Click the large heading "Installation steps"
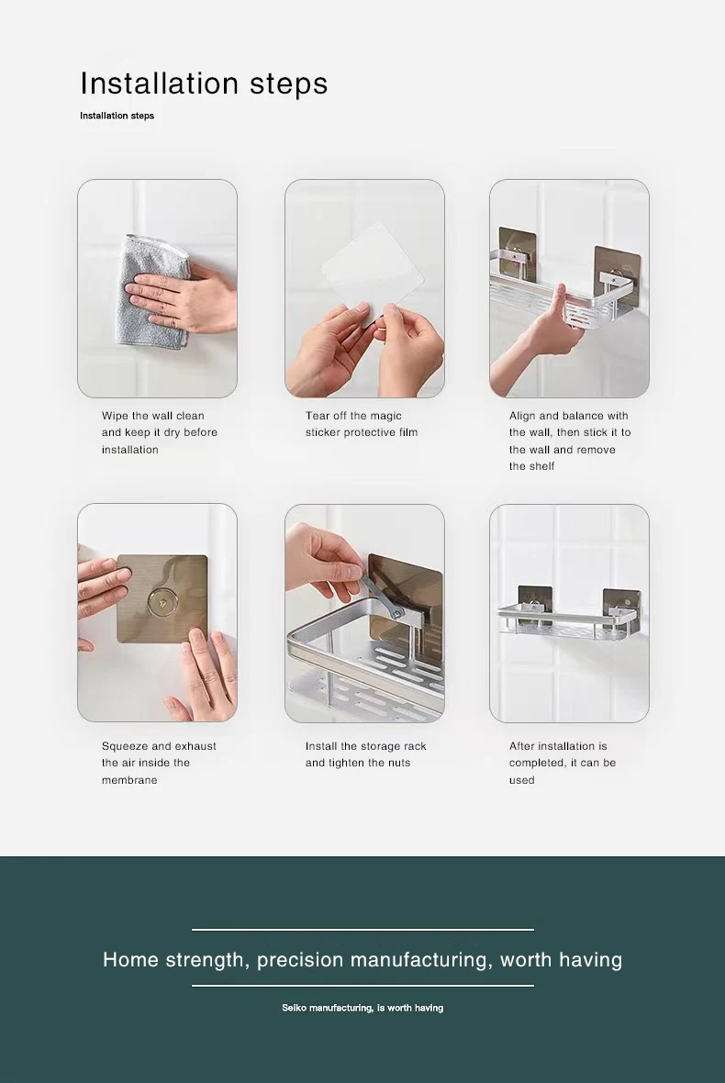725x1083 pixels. [204, 84]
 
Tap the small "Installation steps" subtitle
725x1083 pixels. [117, 116]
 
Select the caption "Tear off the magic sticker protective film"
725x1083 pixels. [361, 424]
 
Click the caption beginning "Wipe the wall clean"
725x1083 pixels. [160, 432]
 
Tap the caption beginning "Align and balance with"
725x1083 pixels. [570, 441]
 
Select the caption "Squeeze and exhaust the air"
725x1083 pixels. [159, 763]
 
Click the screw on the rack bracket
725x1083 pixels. [397, 610]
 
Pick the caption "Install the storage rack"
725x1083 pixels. [366, 754]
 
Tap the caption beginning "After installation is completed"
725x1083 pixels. [562, 763]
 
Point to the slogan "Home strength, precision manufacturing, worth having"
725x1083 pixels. [362, 959]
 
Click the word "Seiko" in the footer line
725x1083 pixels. [295, 1008]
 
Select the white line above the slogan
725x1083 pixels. [362, 930]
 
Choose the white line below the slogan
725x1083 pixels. [362, 986]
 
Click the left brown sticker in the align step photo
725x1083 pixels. [517, 248]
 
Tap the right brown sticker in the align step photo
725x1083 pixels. [617, 276]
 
